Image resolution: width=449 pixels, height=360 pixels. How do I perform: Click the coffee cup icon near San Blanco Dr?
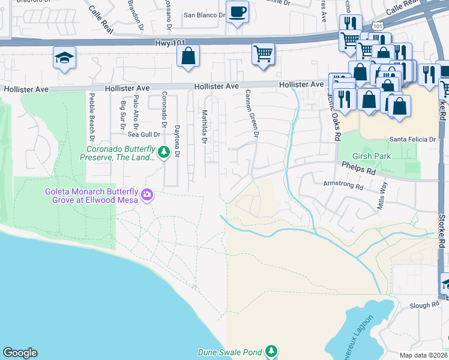[x=237, y=11]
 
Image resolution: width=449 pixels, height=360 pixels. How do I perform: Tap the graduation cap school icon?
[x=64, y=58]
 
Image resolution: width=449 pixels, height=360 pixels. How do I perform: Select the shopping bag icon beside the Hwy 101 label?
[x=188, y=56]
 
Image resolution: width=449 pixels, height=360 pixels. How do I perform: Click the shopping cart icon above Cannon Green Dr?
[x=263, y=53]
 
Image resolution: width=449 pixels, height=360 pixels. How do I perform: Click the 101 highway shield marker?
[x=376, y=26]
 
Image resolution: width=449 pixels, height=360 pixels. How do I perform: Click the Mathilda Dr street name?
[x=204, y=126]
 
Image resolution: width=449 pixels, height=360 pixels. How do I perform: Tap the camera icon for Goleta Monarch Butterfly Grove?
[x=147, y=195]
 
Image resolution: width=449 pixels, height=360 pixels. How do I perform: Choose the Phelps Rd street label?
[x=358, y=167]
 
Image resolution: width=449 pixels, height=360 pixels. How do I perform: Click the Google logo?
[x=20, y=353]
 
